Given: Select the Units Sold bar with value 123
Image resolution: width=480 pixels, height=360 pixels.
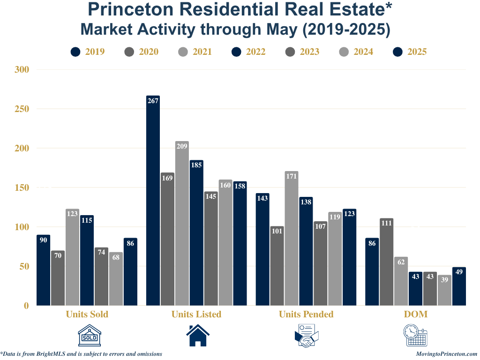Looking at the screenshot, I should tap(72, 257).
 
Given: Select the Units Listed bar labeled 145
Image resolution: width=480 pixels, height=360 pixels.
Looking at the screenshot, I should tap(211, 248).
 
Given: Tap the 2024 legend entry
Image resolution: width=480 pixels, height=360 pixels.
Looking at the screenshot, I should tap(356, 52).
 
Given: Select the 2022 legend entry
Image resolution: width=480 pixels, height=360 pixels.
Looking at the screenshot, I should tap(248, 52).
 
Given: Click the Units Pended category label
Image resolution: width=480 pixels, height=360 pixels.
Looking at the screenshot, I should tap(306, 314).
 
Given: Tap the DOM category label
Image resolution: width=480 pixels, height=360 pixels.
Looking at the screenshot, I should tap(416, 314).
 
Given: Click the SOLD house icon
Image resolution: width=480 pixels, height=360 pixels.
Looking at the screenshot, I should tap(89, 336).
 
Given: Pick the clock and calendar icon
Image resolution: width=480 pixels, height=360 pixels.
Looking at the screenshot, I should tap(416, 336).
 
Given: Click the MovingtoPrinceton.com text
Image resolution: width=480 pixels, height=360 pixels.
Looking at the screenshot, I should tap(446, 354).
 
